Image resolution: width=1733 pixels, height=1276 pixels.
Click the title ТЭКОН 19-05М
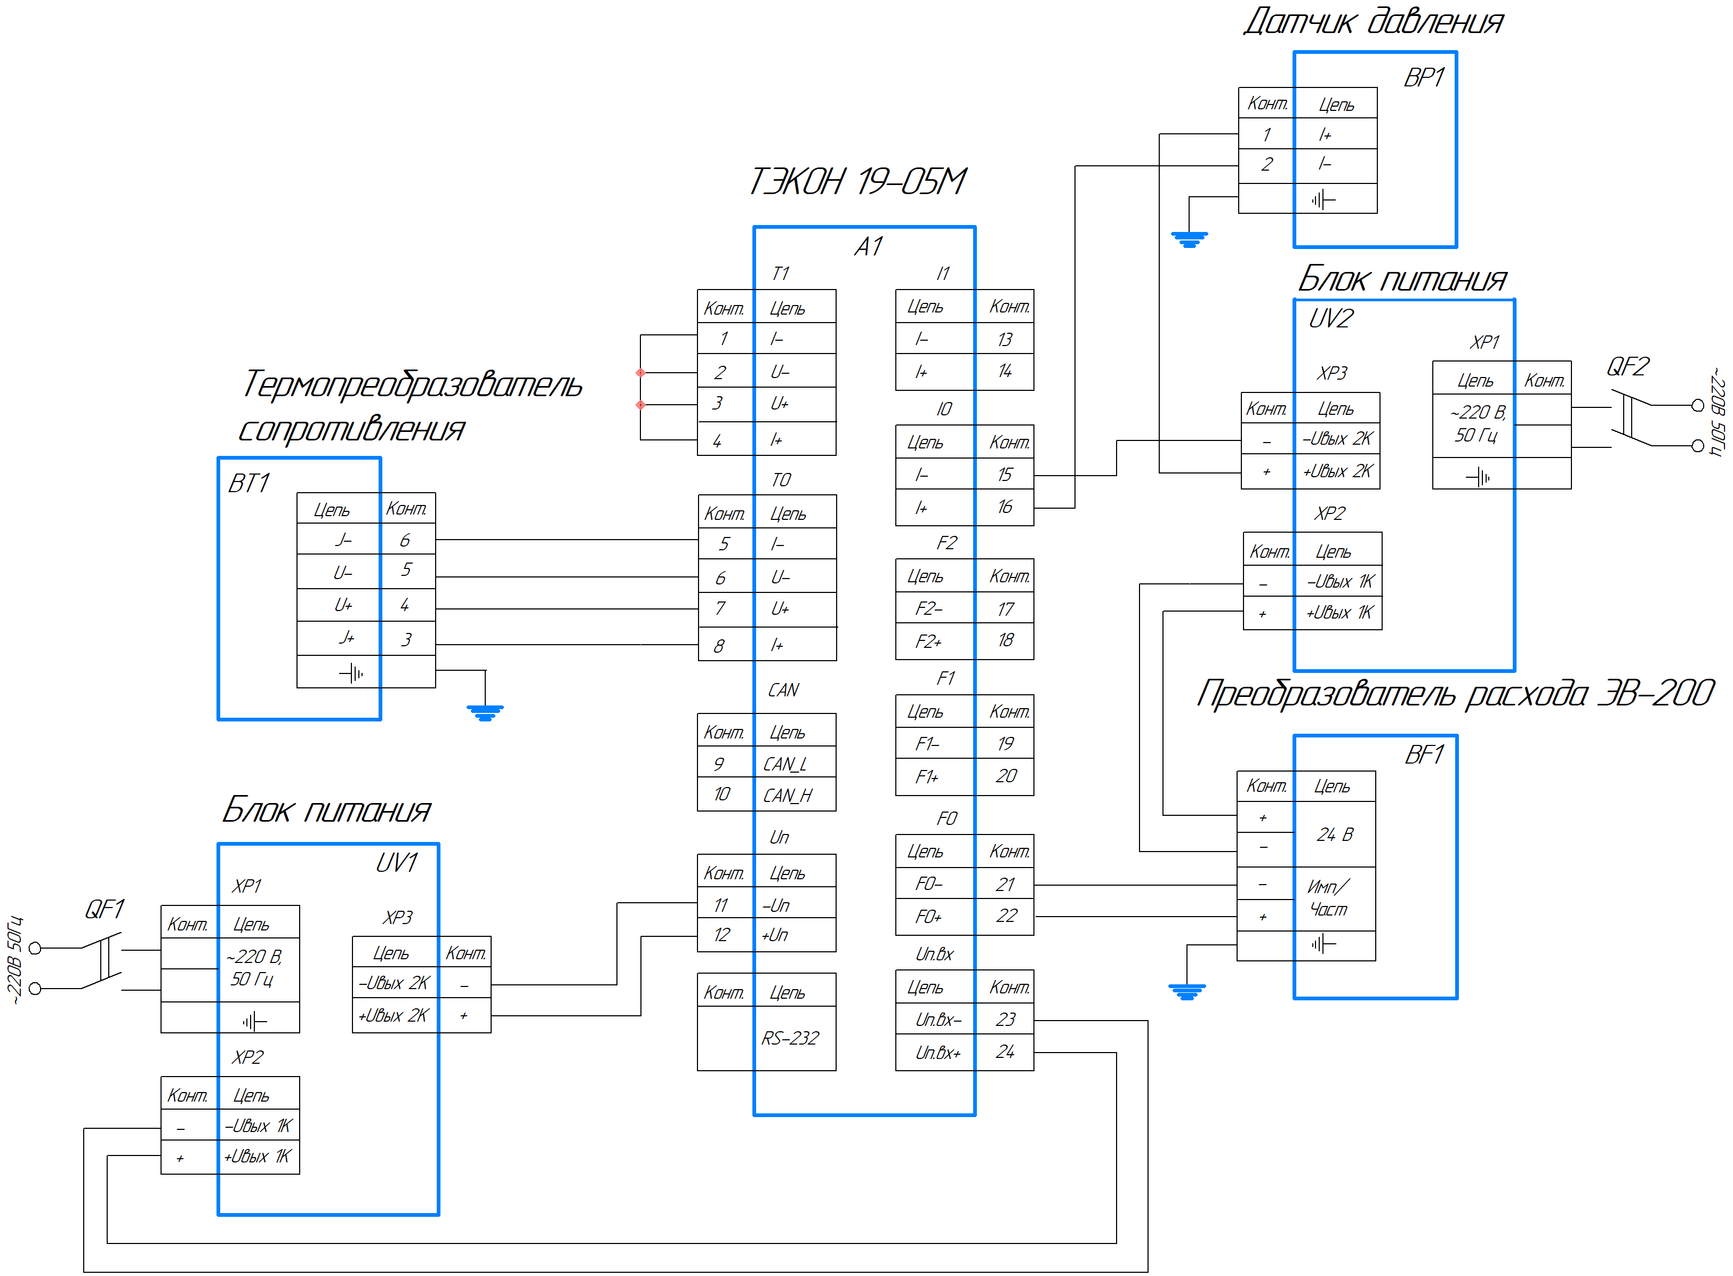(x=857, y=181)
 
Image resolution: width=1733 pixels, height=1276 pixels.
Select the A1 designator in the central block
(x=868, y=246)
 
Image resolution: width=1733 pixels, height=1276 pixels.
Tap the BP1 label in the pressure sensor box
(x=1423, y=77)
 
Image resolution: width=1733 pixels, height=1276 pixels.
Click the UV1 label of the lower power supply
(x=396, y=862)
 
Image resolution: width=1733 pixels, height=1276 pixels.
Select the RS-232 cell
(x=789, y=1038)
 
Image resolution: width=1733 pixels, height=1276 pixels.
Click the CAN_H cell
(x=787, y=795)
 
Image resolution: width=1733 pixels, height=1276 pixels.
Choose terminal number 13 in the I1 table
(x=1005, y=339)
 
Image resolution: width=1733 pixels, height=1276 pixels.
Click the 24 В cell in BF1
(x=1335, y=834)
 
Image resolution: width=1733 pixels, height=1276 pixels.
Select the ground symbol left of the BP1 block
(x=1189, y=239)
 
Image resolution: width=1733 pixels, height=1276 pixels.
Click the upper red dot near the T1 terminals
(x=640, y=372)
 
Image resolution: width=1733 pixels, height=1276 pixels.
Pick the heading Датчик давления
(x=1373, y=22)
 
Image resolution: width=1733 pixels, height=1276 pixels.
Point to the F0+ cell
(x=928, y=917)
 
